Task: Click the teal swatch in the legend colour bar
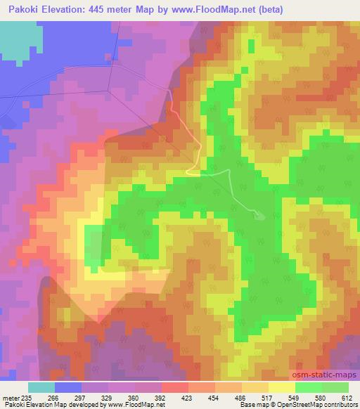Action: tap(41, 387)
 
